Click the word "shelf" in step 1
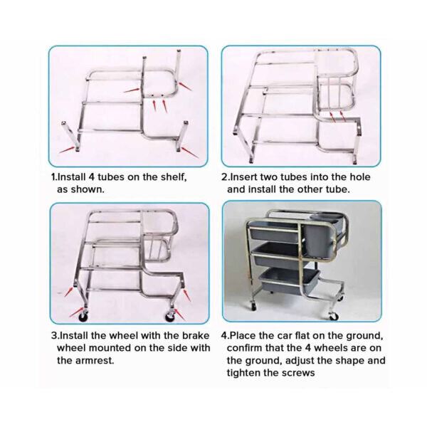pyautogui.click(x=174, y=177)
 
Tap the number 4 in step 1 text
pyautogui.click(x=91, y=177)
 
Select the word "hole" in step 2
pyautogui.click(x=360, y=177)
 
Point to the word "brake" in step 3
pyautogui.click(x=196, y=335)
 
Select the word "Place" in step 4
pyautogui.click(x=243, y=335)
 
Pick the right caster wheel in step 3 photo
pyautogui.click(x=171, y=316)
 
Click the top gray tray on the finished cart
pyautogui.click(x=274, y=232)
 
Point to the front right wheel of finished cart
pyautogui.click(x=334, y=316)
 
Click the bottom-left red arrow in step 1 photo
pyautogui.click(x=67, y=149)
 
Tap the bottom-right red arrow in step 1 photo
pyautogui.click(x=190, y=152)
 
